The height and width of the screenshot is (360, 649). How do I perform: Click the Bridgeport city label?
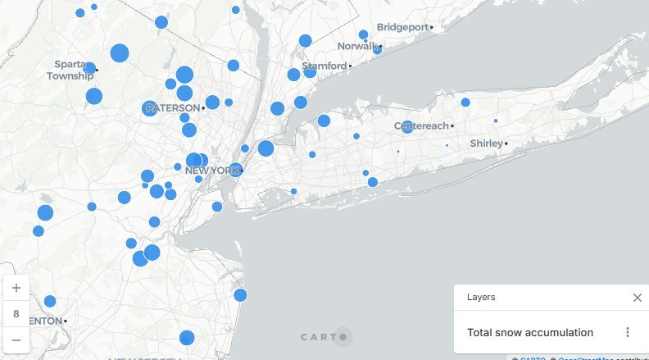(402, 27)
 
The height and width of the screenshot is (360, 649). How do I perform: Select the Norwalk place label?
(358, 46)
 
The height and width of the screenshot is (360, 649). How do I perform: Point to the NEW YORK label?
(211, 171)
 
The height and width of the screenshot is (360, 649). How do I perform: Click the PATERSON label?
(173, 108)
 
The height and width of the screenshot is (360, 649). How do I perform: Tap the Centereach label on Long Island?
(422, 126)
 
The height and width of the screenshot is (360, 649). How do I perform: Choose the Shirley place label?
(487, 144)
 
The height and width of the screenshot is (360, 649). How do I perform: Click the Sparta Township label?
(70, 70)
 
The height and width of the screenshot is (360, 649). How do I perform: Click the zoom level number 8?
(16, 313)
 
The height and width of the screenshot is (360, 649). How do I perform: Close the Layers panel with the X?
(637, 298)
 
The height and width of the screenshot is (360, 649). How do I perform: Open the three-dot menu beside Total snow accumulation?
(628, 332)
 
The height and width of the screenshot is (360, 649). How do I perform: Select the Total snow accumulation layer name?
(530, 332)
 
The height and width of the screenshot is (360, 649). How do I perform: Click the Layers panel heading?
(481, 298)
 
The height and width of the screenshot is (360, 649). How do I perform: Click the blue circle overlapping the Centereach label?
(407, 127)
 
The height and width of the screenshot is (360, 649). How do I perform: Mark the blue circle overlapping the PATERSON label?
(149, 108)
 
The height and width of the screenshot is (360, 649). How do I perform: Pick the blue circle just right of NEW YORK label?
(236, 171)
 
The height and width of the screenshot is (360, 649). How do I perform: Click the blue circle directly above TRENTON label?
(50, 301)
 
